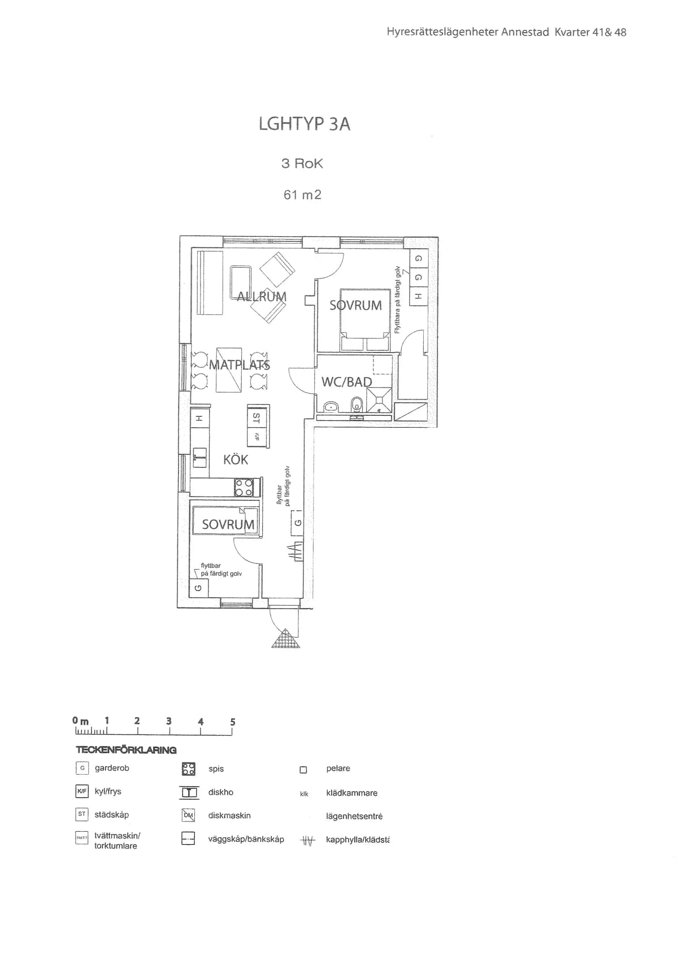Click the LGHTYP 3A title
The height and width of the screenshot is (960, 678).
pyautogui.click(x=305, y=124)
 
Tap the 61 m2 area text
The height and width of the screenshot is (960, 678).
pyautogui.click(x=302, y=195)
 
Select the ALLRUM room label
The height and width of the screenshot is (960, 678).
pyautogui.click(x=262, y=297)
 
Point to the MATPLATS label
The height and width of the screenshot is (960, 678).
pyautogui.click(x=240, y=365)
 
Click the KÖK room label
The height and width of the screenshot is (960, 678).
pyautogui.click(x=236, y=459)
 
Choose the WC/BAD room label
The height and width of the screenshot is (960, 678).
pyautogui.click(x=346, y=382)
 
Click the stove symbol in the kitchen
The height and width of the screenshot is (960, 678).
pyautogui.click(x=245, y=488)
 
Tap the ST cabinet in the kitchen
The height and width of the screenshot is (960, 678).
pyautogui.click(x=257, y=419)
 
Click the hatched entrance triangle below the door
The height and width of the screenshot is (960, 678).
pyautogui.click(x=286, y=639)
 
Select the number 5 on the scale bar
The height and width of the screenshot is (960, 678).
pyautogui.click(x=232, y=722)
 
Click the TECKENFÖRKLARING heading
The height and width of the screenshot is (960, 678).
pyautogui.click(x=126, y=750)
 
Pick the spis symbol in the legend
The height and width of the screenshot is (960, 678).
pyautogui.click(x=188, y=768)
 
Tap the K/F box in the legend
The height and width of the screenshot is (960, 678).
pyautogui.click(x=82, y=792)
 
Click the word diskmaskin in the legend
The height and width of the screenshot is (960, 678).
pyautogui.click(x=229, y=815)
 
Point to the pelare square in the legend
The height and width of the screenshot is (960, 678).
pyautogui.click(x=303, y=770)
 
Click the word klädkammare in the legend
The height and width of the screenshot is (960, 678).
pyautogui.click(x=351, y=793)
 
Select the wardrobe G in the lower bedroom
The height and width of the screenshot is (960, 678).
pyautogui.click(x=198, y=588)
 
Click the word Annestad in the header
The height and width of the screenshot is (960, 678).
pyautogui.click(x=525, y=32)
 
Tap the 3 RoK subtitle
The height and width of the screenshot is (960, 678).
pyautogui.click(x=302, y=164)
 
